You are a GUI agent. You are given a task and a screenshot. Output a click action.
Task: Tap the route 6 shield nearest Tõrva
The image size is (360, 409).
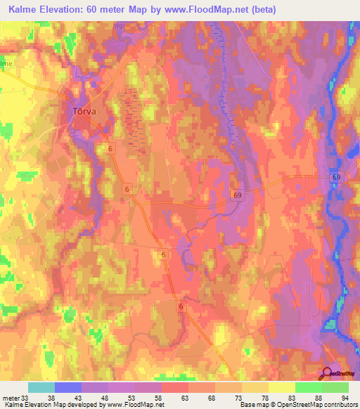coord(112,149)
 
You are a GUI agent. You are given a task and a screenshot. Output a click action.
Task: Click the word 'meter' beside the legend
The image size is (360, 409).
coord(9,397)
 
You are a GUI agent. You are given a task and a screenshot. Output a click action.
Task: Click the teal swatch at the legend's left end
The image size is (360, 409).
coord(41,387)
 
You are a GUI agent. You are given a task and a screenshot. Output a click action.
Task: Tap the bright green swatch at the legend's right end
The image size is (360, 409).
coord(335,387)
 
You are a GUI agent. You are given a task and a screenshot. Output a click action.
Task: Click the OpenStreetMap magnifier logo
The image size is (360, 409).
coord(326,372)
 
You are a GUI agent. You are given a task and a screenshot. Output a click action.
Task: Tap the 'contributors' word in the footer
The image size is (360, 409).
coord(340,405)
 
